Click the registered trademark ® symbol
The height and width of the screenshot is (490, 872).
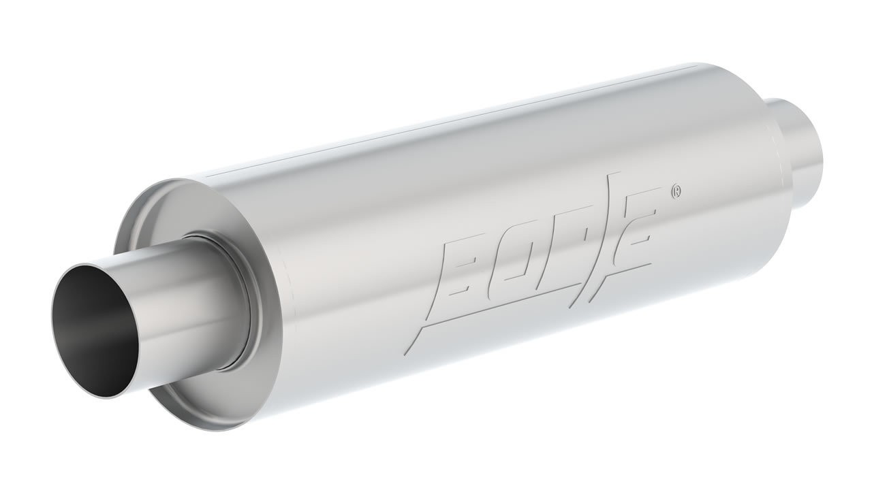click(675, 191)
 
